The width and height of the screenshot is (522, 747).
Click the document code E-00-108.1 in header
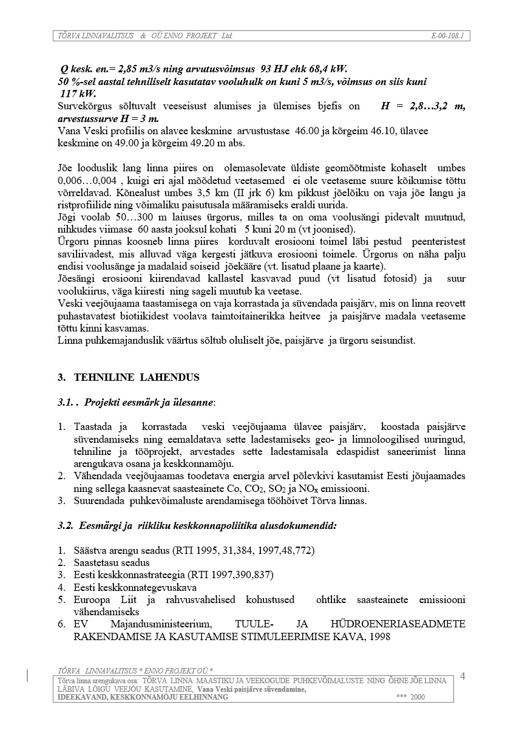tap(447, 36)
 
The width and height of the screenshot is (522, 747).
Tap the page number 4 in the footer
tap(463, 676)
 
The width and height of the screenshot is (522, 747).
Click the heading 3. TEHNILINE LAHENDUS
tap(128, 377)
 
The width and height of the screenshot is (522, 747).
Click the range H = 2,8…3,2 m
tap(422, 106)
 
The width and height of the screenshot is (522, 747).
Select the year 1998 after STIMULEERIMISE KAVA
tap(378, 636)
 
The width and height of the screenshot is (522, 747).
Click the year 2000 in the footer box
tap(418, 697)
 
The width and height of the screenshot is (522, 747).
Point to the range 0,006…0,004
tap(89, 180)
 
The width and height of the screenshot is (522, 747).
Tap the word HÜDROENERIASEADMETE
tap(398, 624)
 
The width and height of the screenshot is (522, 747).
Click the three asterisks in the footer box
tap(401, 697)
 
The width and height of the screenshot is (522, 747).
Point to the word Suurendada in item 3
tap(97, 500)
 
